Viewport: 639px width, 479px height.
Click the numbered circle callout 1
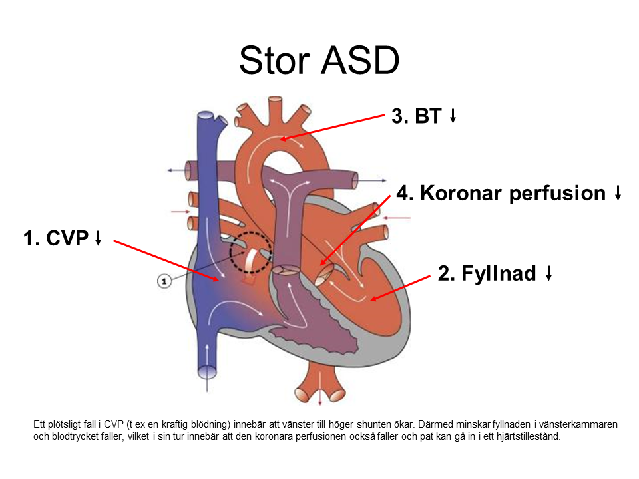pyautogui.click(x=164, y=281)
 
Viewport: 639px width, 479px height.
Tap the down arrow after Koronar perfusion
pyautogui.click(x=618, y=194)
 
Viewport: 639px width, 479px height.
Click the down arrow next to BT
pyautogui.click(x=453, y=117)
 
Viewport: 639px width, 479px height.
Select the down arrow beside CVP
pyautogui.click(x=98, y=239)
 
